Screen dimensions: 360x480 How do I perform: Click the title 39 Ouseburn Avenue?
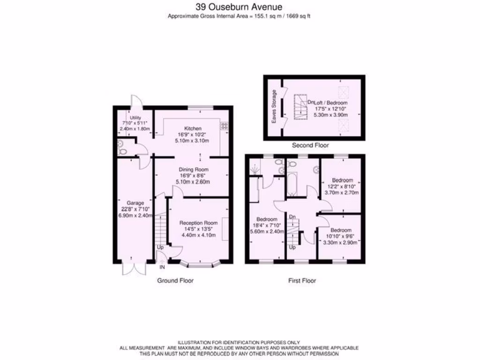coord(239,7)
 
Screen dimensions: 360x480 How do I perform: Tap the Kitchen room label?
coord(193,128)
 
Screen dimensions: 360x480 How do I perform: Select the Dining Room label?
coord(193,169)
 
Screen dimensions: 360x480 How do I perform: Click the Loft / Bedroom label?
coord(331,102)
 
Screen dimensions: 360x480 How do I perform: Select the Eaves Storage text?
coord(274,107)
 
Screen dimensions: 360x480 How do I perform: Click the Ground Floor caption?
coord(175,280)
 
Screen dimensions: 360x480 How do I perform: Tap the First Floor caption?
coord(302,280)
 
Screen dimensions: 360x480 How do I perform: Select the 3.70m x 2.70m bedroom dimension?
coord(342,192)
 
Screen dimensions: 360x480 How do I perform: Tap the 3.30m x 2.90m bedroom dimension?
coord(340,243)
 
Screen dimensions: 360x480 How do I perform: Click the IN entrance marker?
coord(162,267)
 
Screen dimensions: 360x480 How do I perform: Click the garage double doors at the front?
coord(133,269)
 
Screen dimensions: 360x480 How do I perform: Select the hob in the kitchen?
coord(224,126)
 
